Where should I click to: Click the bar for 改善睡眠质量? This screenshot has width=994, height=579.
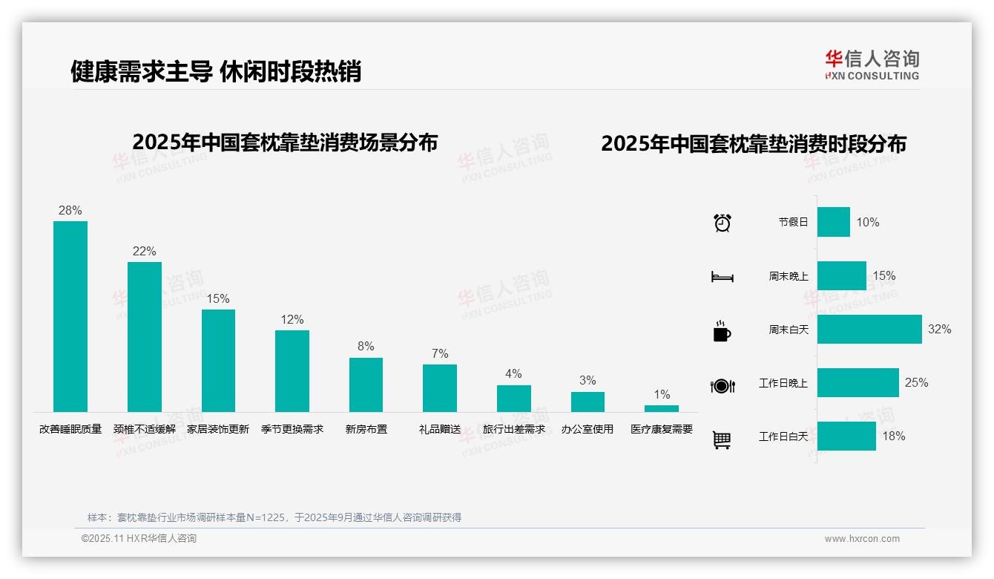pyautogui.click(x=70, y=316)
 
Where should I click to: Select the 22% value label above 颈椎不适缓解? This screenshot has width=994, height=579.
pyautogui.click(x=144, y=252)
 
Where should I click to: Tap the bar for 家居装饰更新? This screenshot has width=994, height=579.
pyautogui.click(x=218, y=361)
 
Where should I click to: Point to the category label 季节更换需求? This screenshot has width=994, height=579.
pyautogui.click(x=292, y=429)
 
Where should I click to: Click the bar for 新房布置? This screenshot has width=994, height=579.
pyautogui.click(x=366, y=385)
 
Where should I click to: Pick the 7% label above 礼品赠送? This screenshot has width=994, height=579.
pyautogui.click(x=440, y=354)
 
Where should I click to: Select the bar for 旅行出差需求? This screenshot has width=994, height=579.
pyautogui.click(x=513, y=399)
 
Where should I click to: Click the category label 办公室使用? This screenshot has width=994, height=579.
pyautogui.click(x=587, y=429)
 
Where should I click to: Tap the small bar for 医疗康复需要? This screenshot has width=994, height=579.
pyautogui.click(x=661, y=408)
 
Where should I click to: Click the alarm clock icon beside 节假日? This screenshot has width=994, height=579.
pyautogui.click(x=723, y=223)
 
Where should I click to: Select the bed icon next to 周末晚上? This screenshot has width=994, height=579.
pyautogui.click(x=723, y=277)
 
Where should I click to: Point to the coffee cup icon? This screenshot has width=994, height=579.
pyautogui.click(x=722, y=331)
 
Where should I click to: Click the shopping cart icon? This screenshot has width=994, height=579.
pyautogui.click(x=722, y=439)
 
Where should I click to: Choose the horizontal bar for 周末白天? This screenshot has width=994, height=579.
pyautogui.click(x=869, y=329)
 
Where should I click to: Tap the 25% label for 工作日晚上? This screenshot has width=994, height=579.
pyautogui.click(x=916, y=383)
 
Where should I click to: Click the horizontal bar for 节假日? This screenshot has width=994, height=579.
pyautogui.click(x=834, y=222)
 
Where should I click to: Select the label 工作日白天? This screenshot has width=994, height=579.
pyautogui.click(x=783, y=436)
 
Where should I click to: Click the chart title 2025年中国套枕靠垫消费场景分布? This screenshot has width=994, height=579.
pyautogui.click(x=285, y=143)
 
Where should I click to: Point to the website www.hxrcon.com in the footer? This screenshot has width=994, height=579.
pyautogui.click(x=862, y=539)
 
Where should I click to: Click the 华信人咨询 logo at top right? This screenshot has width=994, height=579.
pyautogui.click(x=872, y=65)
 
